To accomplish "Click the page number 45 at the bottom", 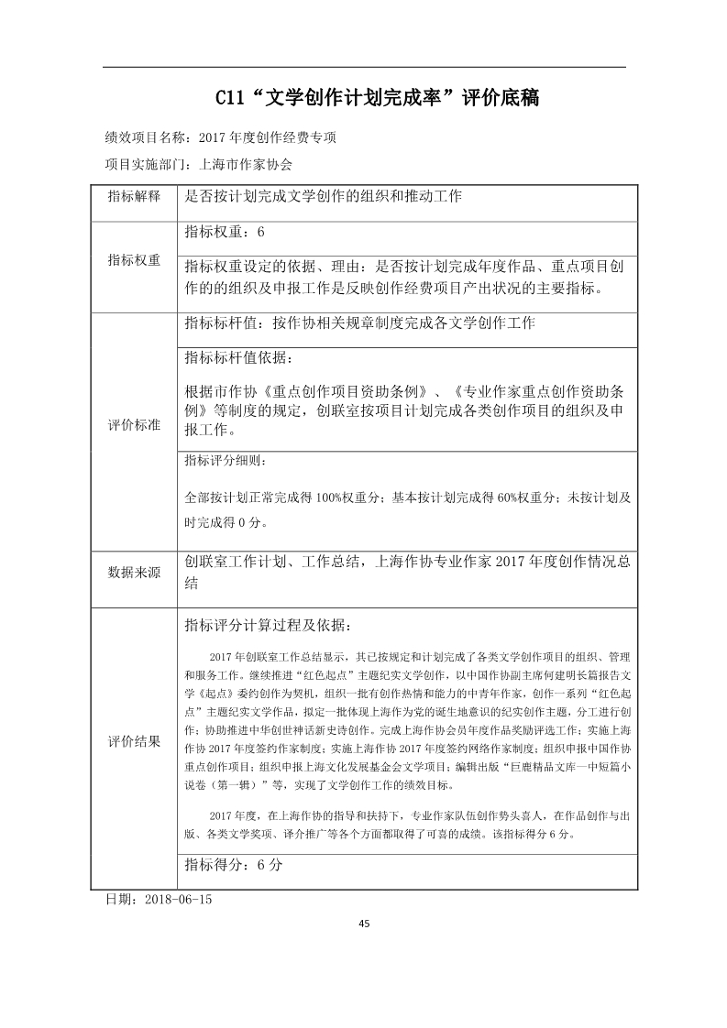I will [364, 923].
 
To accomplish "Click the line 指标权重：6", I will [225, 233].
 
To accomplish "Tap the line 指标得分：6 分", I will [234, 864].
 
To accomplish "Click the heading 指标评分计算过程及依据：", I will [267, 625].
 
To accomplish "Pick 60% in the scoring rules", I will [509, 498].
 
